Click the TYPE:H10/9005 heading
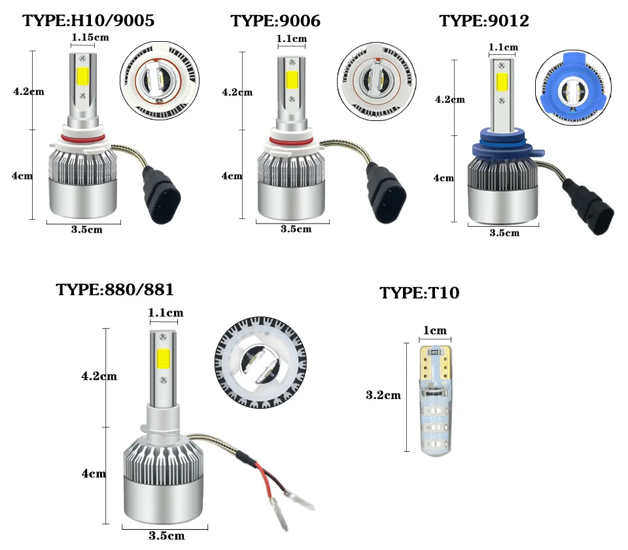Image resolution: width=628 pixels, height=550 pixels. tap(88, 20)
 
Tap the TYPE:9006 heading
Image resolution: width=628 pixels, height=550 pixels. tap(275, 21)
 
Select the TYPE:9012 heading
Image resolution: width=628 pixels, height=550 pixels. tap(484, 20)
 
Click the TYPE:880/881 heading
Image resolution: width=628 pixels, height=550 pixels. tap(114, 290)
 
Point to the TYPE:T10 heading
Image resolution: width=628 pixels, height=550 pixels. tap(419, 292)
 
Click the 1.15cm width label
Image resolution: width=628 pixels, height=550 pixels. tap(90, 37)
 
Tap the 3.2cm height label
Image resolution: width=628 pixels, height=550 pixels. tap(383, 395)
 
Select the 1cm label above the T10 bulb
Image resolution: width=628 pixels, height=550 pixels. tap(435, 330)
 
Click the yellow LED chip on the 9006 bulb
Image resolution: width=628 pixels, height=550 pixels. tap(292, 80)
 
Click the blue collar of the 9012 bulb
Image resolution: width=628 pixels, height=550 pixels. tap(508, 145)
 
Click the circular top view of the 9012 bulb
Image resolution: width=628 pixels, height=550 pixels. tap(573, 88)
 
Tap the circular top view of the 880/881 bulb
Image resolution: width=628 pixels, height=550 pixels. tap(261, 362)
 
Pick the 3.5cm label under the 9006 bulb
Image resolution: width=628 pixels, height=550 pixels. tap(296, 229)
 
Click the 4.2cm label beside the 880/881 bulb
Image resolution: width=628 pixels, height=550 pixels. tap(99, 376)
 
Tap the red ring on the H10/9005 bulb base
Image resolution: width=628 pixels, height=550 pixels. tap(83, 139)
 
